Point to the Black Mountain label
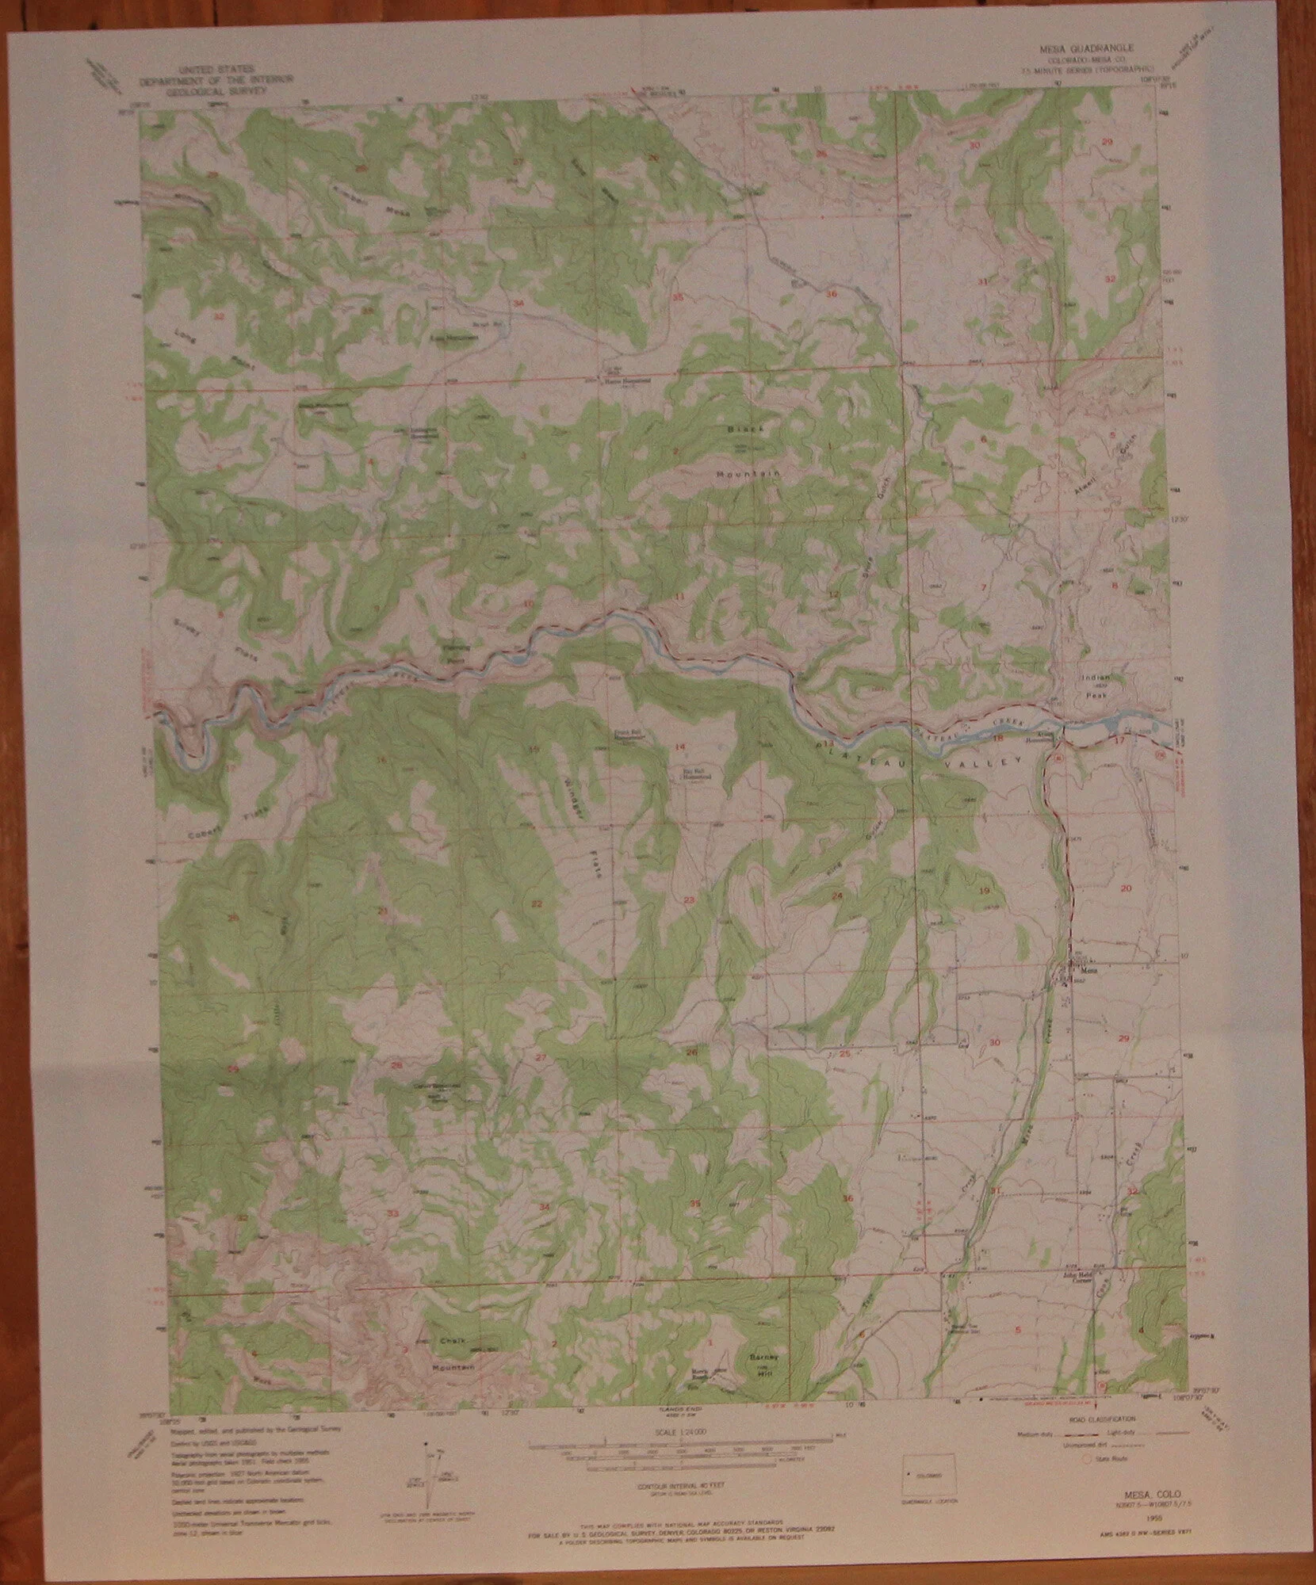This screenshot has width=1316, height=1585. point(745,451)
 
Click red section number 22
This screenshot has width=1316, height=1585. point(537,903)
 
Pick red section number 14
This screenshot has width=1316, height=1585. point(680,747)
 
